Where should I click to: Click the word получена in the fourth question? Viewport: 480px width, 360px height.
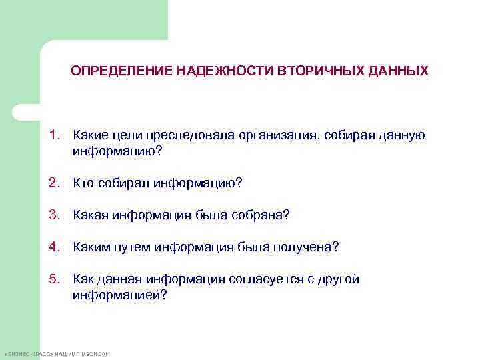click(305, 247)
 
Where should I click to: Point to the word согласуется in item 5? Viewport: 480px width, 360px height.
click(265, 279)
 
